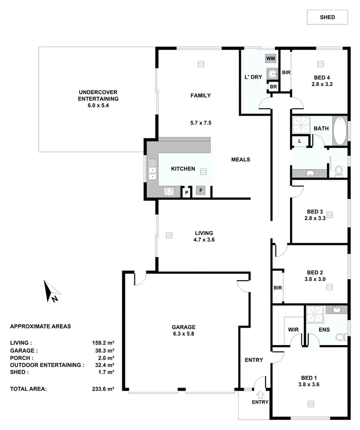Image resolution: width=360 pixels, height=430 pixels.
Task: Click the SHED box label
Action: pyautogui.click(x=327, y=17)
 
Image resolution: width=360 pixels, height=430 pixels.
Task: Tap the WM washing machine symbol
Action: pyautogui.click(x=271, y=58)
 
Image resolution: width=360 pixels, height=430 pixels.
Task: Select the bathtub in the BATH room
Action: pyautogui.click(x=339, y=131)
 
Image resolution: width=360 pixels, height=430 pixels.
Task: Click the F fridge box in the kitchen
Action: pyautogui.click(x=201, y=191)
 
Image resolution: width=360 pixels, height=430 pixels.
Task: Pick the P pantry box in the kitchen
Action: pyautogui.click(x=186, y=192)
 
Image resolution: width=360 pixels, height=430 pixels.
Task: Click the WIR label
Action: pyautogui.click(x=293, y=330)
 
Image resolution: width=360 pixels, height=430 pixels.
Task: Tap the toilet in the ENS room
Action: pyautogui.click(x=341, y=337)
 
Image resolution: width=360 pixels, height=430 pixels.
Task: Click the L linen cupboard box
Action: pyautogui.click(x=300, y=141)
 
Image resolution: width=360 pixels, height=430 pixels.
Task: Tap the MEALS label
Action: pyautogui.click(x=240, y=160)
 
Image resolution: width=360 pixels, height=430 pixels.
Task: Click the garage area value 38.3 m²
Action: pyautogui.click(x=104, y=351)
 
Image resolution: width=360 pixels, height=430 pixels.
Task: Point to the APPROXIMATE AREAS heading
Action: pyautogui.click(x=40, y=326)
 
